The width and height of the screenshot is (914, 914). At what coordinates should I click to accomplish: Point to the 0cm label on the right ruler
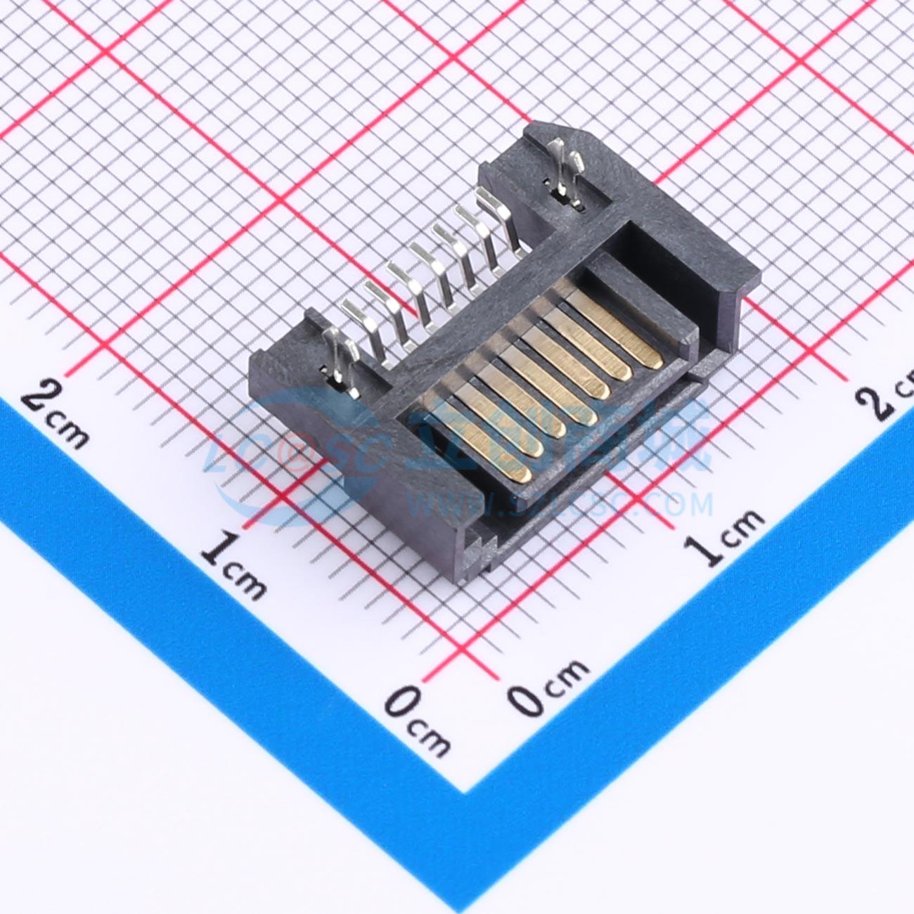click(548, 685)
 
